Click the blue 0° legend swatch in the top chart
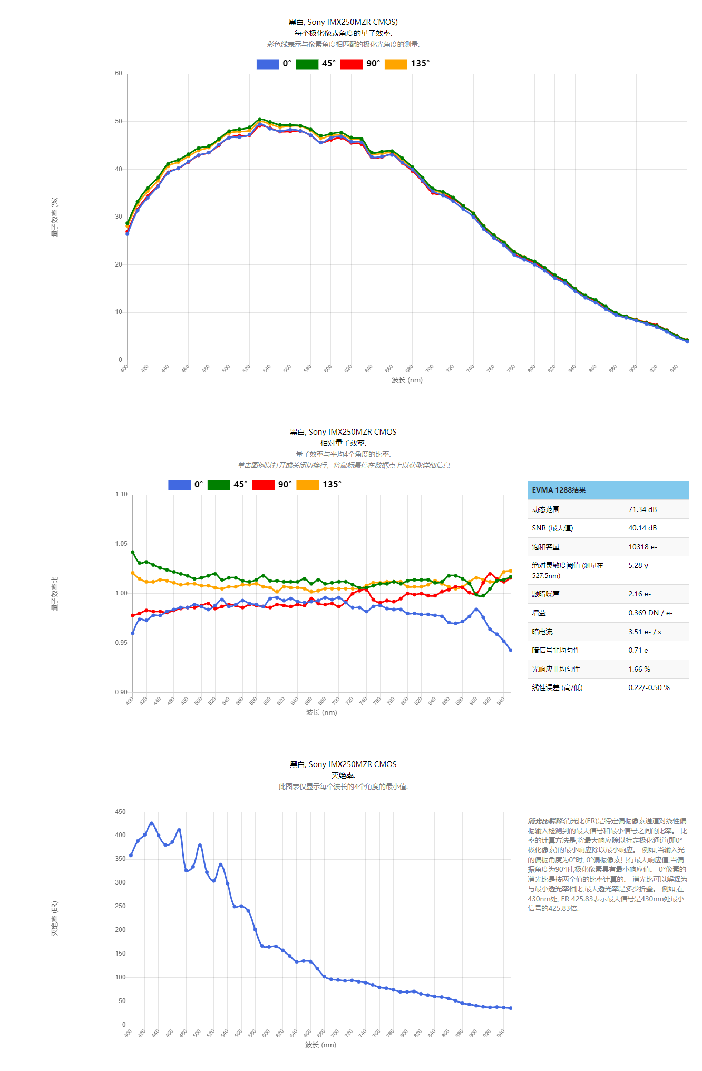268,64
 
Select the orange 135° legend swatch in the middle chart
308,485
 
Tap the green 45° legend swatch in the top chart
307,64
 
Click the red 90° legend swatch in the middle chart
263,485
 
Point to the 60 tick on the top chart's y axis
119,73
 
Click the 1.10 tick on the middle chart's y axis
121,494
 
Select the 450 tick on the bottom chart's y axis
120,812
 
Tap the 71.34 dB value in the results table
642,509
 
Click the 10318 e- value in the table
642,547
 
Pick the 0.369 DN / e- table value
650,613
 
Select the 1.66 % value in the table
639,669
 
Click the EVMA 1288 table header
559,490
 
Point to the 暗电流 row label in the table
542,632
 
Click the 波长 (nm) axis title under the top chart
407,380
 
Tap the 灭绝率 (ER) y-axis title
55,918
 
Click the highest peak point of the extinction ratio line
152,823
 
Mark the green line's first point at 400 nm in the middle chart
132,552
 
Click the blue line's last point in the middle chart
510,650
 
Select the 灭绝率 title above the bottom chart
343,775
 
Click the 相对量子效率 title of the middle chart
343,443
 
